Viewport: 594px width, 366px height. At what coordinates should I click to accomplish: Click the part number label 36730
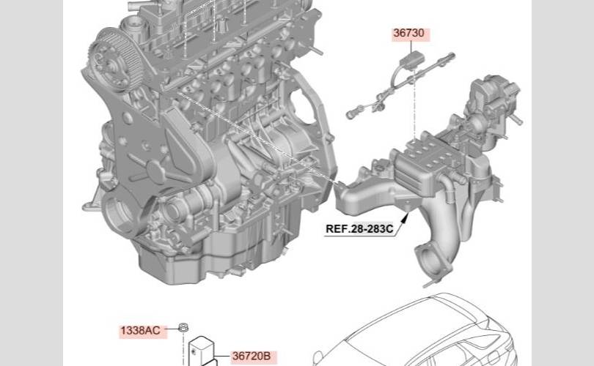pyautogui.click(x=408, y=33)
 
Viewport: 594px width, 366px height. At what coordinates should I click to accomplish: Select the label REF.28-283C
pyautogui.click(x=359, y=228)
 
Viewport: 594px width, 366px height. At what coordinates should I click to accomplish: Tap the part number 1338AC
pyautogui.click(x=140, y=331)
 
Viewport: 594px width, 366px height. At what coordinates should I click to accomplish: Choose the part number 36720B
pyautogui.click(x=252, y=356)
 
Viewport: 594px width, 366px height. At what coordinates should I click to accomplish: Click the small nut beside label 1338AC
pyautogui.click(x=183, y=328)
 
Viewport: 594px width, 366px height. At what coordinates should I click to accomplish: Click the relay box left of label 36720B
pyautogui.click(x=202, y=351)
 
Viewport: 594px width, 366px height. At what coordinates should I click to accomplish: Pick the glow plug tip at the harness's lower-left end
pyautogui.click(x=351, y=113)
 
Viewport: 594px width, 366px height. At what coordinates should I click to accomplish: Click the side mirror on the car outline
pyautogui.click(x=318, y=357)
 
